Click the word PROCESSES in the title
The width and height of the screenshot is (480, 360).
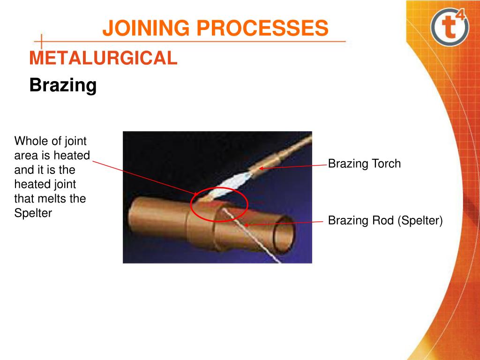pos(262,28)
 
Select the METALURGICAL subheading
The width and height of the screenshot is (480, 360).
pos(103,58)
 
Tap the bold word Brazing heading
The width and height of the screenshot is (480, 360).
pos(63,85)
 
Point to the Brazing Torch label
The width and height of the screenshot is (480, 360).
pos(364,164)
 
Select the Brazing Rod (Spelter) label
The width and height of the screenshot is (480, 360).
pos(385,220)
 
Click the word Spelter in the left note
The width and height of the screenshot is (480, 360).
pos(33,213)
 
